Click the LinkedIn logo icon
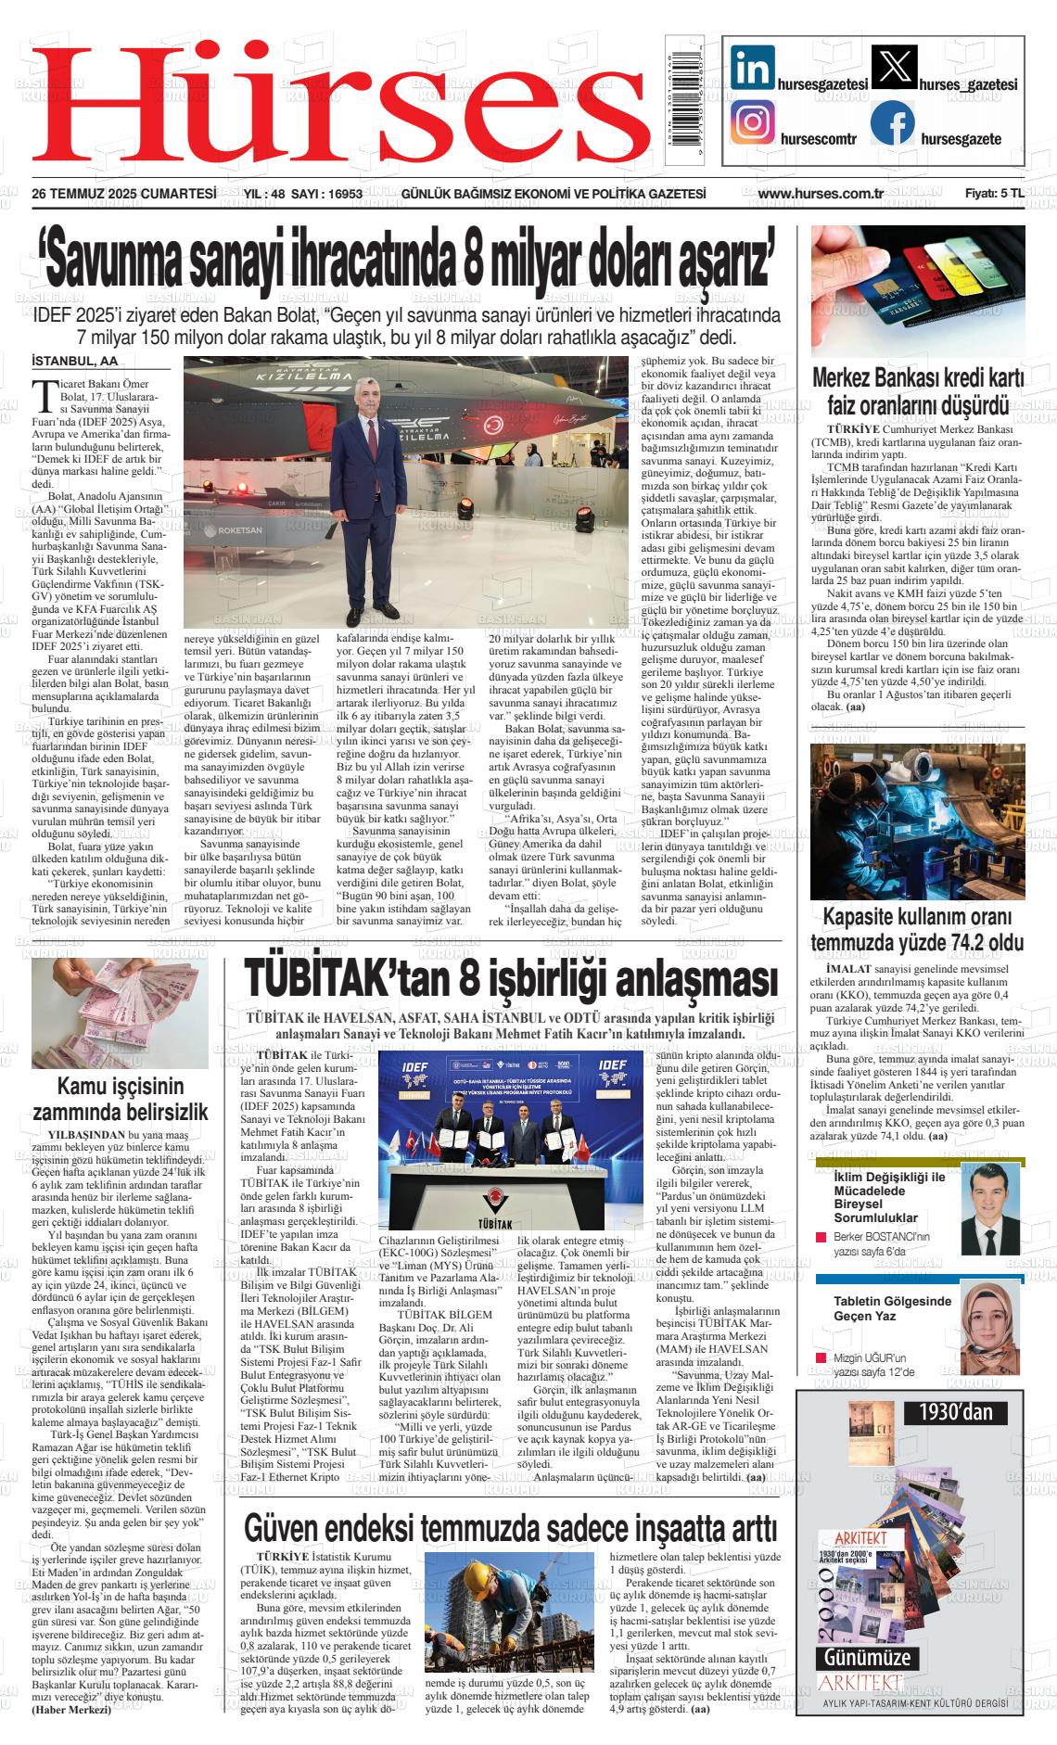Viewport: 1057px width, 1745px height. tap(753, 69)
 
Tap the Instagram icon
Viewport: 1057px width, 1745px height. tap(753, 122)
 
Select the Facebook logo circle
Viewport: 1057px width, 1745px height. tap(892, 122)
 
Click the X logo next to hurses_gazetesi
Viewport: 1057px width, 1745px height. tap(894, 69)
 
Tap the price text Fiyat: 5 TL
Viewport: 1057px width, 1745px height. tap(994, 194)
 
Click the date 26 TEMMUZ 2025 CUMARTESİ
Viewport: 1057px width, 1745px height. tap(123, 194)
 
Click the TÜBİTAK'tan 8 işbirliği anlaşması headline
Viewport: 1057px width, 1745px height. tap(510, 978)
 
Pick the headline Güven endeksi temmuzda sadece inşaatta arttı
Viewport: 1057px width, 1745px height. tap(510, 1528)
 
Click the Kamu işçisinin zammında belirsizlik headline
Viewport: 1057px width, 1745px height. tap(121, 1099)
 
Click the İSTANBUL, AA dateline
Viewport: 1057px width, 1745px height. tap(75, 361)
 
